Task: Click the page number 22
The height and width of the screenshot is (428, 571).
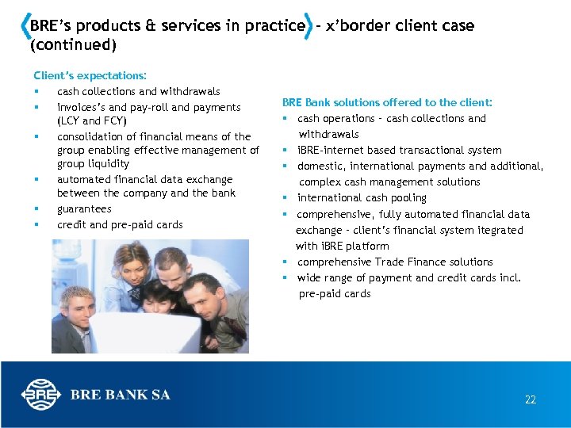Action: click(x=530, y=399)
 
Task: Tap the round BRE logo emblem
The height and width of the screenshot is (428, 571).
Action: click(x=39, y=395)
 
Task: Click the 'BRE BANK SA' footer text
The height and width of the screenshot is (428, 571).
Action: click(x=120, y=395)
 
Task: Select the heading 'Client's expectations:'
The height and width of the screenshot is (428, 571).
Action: click(x=90, y=75)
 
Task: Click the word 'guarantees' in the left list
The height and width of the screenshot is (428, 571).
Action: click(x=84, y=209)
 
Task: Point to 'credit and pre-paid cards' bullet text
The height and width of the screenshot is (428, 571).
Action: click(x=120, y=224)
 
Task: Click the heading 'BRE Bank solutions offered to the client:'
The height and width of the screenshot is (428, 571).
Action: click(x=387, y=102)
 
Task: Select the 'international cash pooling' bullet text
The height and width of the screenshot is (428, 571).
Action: click(x=362, y=198)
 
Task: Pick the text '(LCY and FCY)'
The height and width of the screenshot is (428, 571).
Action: click(x=91, y=121)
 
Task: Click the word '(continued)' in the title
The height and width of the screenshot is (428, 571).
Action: click(x=73, y=45)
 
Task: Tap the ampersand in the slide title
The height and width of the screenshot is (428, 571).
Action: click(x=150, y=25)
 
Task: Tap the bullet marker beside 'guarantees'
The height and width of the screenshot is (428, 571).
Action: click(x=36, y=209)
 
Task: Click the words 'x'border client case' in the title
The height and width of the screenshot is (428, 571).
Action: click(x=400, y=25)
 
